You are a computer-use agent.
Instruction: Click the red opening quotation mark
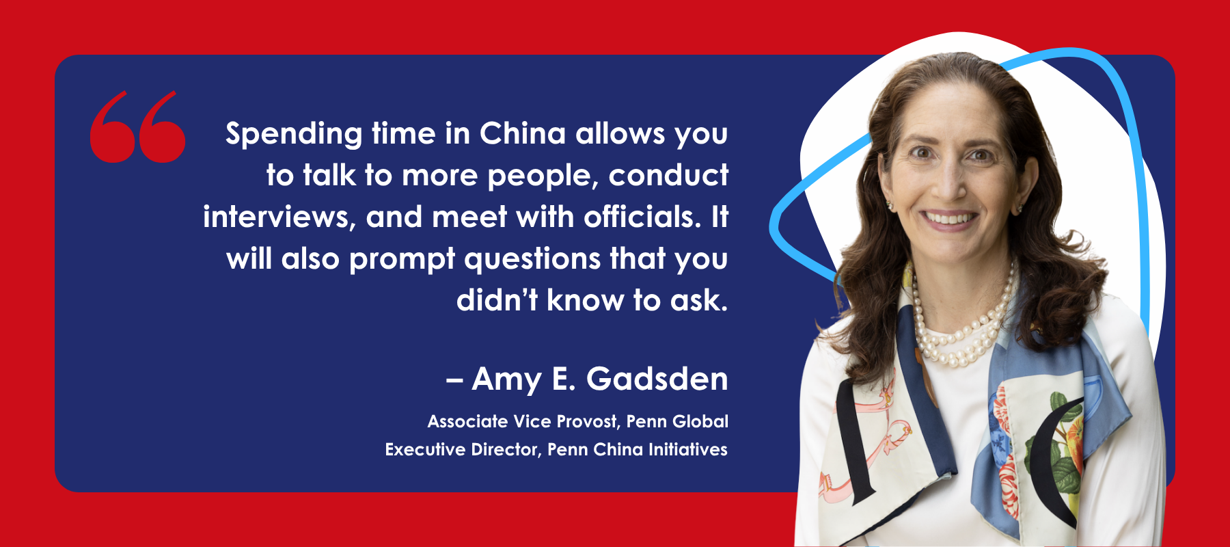tap(137, 127)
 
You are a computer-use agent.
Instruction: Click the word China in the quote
tap(523, 133)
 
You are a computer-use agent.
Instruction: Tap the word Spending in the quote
tap(294, 135)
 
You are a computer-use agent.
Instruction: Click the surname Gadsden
tap(657, 379)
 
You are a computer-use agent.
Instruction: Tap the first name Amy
tap(506, 380)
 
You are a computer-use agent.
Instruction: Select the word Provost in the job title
tap(588, 422)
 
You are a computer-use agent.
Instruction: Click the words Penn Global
tap(677, 421)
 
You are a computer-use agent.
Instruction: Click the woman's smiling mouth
tap(949, 219)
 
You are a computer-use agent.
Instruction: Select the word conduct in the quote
tap(668, 176)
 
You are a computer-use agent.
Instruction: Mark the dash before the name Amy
tap(454, 381)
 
